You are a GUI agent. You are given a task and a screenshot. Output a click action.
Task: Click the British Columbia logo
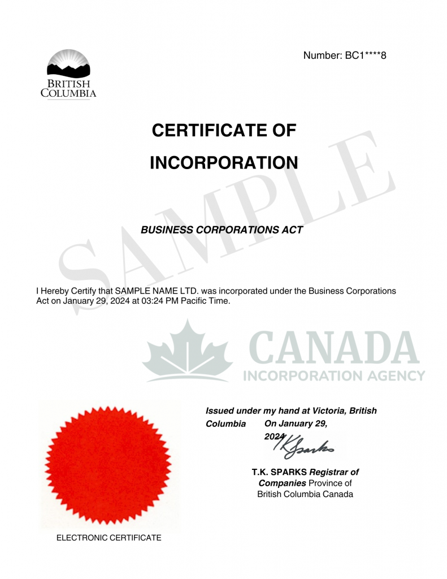tap(68, 74)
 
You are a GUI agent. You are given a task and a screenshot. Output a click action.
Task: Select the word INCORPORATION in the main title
tap(224, 163)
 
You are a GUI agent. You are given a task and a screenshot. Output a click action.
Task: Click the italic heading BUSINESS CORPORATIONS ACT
tap(222, 230)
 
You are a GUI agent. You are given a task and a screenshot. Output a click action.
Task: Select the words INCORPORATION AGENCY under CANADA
tap(334, 375)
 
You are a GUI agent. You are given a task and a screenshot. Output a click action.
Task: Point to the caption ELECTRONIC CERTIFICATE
tap(109, 538)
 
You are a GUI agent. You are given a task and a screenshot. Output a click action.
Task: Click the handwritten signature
tap(304, 447)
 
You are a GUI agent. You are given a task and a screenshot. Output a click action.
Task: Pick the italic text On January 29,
tap(296, 424)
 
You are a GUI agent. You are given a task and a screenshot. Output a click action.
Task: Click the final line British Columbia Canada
tap(305, 494)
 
